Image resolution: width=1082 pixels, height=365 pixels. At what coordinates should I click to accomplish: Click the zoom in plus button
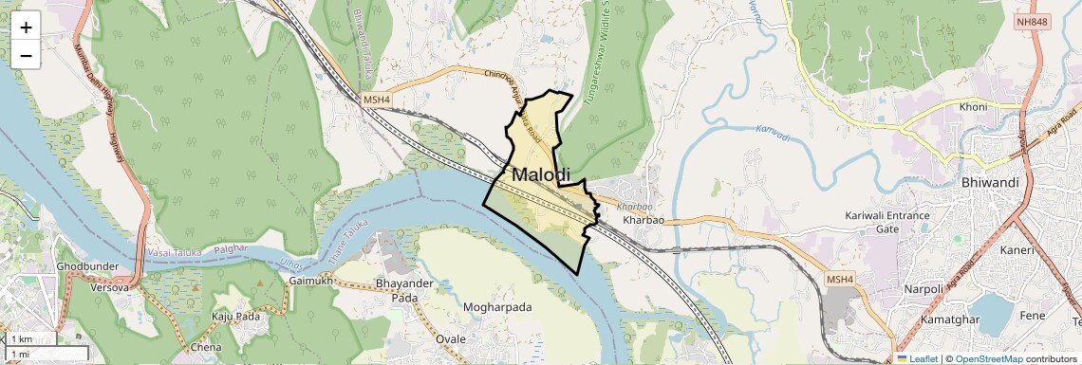pos(26,27)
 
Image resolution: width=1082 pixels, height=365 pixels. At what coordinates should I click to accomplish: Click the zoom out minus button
pos(26,56)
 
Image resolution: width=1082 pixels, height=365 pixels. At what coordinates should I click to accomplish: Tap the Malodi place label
pos(541,175)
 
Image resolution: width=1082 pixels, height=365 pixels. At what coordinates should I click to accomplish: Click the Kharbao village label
pos(643,220)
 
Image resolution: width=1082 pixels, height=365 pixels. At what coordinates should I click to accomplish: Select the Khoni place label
pos(973,107)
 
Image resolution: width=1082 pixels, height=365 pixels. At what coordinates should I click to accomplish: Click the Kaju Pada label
pos(235,316)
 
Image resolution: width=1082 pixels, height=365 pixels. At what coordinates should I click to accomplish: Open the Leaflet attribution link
pos(919,358)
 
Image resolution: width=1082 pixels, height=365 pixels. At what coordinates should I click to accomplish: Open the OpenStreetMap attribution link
pos(988,358)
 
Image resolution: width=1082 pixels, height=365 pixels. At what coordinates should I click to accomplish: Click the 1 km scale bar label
pos(22,338)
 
